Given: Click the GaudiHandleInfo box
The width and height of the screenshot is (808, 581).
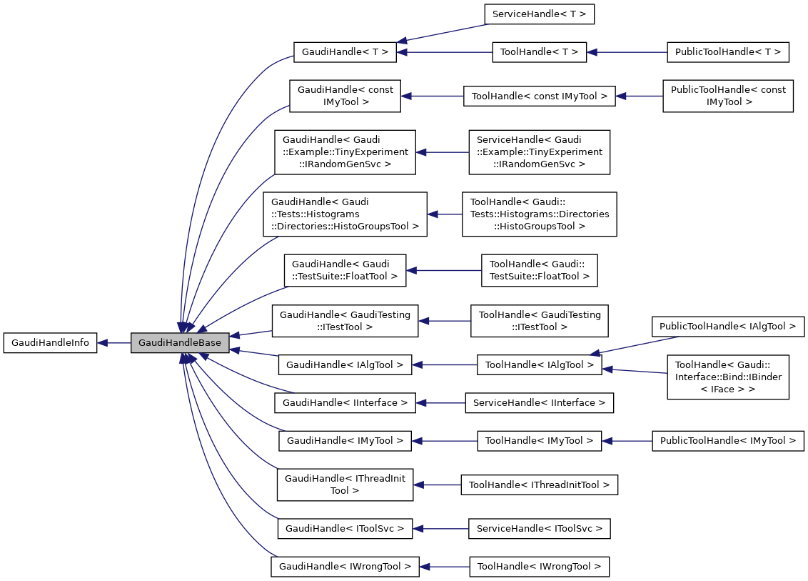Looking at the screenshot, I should (x=50, y=343).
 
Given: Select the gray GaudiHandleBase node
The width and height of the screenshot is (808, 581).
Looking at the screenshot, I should (x=180, y=343).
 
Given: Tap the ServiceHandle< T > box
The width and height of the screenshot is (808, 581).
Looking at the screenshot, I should (x=539, y=14).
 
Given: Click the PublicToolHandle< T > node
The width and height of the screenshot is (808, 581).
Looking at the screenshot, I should (x=727, y=51).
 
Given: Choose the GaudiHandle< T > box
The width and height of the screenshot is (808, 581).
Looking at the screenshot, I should (x=345, y=51).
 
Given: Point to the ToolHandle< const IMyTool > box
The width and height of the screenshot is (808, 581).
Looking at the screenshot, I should (x=539, y=96).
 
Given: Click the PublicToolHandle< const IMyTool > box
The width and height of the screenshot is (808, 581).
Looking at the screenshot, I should (x=728, y=96).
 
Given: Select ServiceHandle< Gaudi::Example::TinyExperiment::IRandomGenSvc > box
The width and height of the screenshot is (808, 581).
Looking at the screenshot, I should (x=539, y=152).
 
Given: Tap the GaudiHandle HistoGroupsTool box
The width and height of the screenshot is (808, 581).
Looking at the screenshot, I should (x=345, y=214).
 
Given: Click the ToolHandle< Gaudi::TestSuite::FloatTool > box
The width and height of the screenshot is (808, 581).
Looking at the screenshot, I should (x=539, y=270).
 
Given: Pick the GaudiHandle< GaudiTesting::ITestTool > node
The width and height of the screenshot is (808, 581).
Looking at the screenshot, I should (x=345, y=320).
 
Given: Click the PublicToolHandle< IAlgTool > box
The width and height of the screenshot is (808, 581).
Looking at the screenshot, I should (x=727, y=326).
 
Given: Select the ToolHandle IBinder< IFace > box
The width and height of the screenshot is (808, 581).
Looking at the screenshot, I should (x=727, y=377).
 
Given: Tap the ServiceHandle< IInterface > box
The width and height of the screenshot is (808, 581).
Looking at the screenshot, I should (x=539, y=403).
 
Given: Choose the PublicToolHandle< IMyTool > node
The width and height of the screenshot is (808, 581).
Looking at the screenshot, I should (x=727, y=441).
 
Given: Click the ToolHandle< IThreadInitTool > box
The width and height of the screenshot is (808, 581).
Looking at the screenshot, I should (x=539, y=485).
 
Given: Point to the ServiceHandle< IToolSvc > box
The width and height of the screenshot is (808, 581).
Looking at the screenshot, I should (x=539, y=529).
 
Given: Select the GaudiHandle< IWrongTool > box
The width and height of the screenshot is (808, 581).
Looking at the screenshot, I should (x=345, y=567).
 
